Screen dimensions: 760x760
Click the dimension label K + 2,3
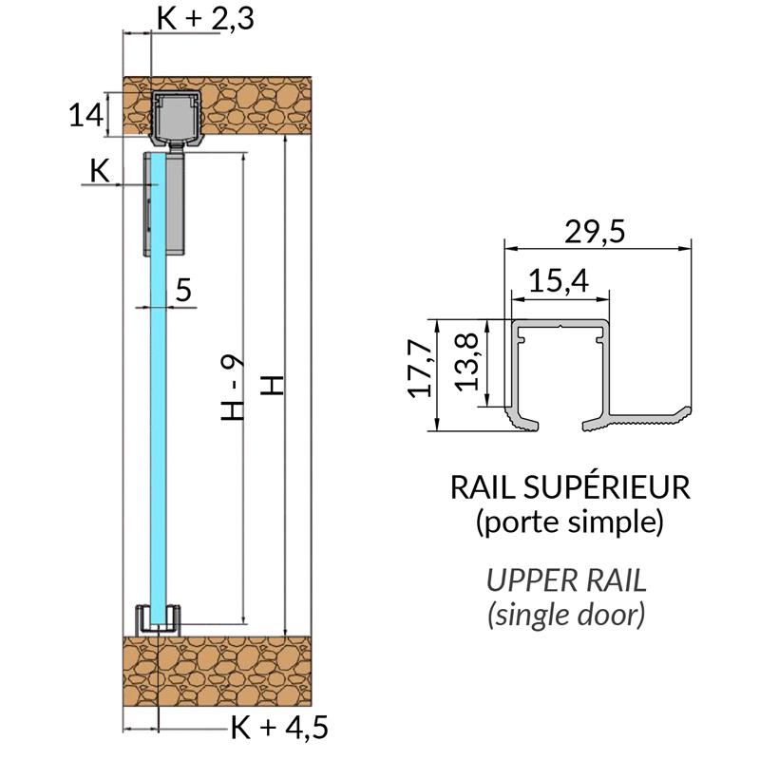(x=204, y=18)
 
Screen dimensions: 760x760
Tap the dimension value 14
(x=85, y=116)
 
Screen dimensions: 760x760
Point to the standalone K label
(x=99, y=170)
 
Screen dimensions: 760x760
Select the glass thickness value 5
(x=183, y=291)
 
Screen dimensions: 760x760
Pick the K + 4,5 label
(x=279, y=729)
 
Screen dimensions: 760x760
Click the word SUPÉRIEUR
(x=603, y=488)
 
